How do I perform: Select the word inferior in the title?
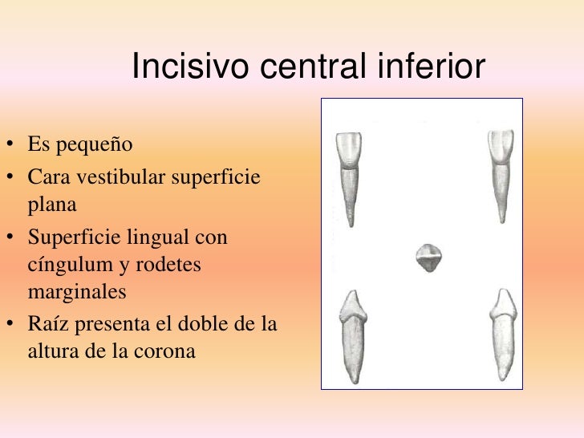pos(433,67)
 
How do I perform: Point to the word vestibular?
pos(117,176)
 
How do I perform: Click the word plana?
pos(52,205)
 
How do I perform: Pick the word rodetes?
pos(174,266)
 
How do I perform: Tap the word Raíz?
pos(50,323)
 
